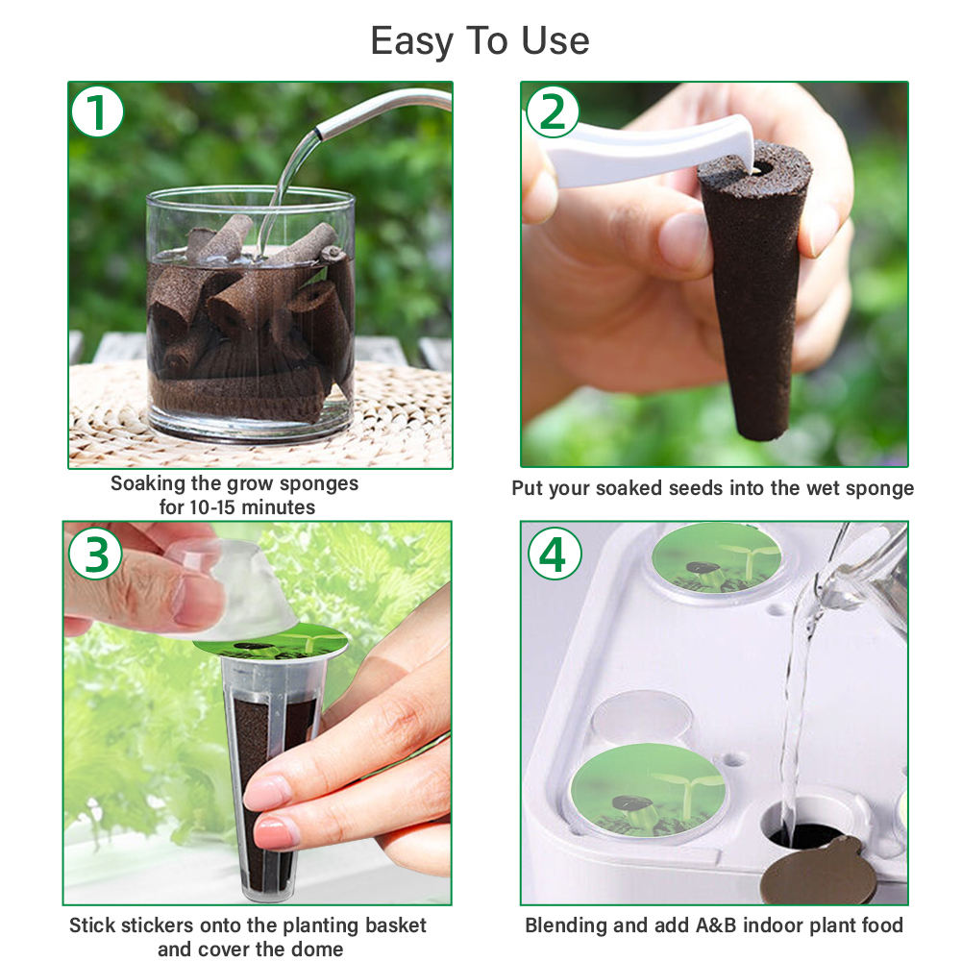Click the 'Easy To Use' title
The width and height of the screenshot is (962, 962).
coord(480,41)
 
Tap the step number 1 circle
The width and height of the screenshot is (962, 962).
coord(97,111)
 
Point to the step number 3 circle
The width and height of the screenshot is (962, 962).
coord(95,554)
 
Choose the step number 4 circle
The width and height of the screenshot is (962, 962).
coord(554,554)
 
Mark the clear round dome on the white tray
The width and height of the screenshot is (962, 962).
coord(641,716)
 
